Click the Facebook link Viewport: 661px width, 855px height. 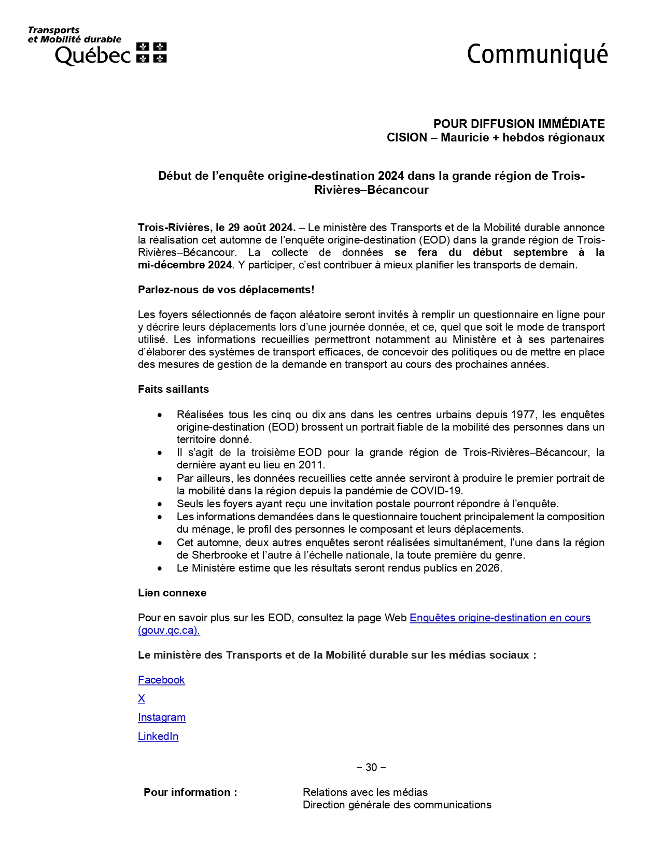point(161,680)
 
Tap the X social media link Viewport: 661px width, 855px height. point(142,699)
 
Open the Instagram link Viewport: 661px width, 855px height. point(162,717)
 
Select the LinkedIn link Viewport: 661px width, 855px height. point(158,736)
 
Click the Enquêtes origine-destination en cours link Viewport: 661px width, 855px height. point(500,618)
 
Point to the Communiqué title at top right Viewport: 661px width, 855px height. point(537,54)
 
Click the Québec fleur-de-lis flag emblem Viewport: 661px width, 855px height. point(151,53)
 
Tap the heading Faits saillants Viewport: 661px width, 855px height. point(173,389)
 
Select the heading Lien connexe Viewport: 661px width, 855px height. point(172,593)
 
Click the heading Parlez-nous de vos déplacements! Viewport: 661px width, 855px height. point(226,290)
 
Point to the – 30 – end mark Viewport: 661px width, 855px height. point(371,767)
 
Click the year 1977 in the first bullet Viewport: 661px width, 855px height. point(524,415)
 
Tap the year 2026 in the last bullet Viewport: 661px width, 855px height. point(488,568)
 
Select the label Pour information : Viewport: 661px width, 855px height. point(190,792)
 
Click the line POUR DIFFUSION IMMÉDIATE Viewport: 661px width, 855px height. point(519,124)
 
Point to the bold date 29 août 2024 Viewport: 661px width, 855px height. point(261,227)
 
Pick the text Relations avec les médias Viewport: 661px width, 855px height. point(365,792)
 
